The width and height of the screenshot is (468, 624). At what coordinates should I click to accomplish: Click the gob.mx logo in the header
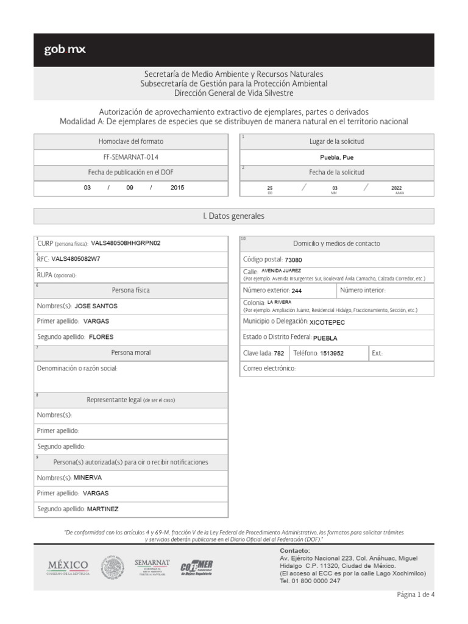click(x=65, y=50)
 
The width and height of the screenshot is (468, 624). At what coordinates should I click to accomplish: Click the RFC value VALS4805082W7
click(x=76, y=258)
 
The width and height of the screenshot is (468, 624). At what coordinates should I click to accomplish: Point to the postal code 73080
click(x=293, y=260)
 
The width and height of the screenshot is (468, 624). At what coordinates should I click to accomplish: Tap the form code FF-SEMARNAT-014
click(x=131, y=157)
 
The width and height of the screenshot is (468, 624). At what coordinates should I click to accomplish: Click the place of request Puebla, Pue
click(x=336, y=157)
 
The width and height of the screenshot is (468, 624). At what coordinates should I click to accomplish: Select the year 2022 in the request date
click(x=397, y=188)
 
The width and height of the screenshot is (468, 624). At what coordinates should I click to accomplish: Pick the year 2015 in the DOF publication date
click(x=177, y=188)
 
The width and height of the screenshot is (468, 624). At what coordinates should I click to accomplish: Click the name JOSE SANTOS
click(x=96, y=305)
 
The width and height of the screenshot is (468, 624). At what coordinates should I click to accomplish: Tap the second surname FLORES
click(x=101, y=336)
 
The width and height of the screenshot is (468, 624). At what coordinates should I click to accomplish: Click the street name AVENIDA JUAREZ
click(x=281, y=271)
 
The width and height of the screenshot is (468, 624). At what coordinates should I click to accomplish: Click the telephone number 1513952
click(x=332, y=353)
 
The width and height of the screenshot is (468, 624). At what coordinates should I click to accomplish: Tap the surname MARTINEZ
click(x=103, y=509)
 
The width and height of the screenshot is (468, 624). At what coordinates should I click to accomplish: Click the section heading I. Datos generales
click(x=233, y=216)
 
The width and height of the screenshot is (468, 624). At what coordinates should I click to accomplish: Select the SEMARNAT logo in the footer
click(x=152, y=567)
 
